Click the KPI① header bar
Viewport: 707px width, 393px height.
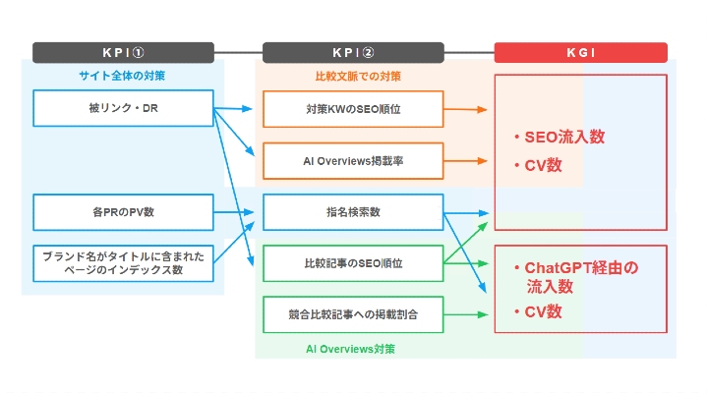pos(123,53)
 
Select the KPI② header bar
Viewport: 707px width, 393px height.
pos(353,53)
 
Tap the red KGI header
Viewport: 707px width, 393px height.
pos(580,53)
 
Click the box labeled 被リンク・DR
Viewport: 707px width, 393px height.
pos(123,108)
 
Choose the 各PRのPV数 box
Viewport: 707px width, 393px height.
pos(123,211)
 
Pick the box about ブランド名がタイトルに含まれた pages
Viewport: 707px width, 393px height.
pos(123,262)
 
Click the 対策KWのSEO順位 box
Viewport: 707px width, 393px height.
pos(353,108)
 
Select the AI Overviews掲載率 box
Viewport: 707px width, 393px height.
pos(353,160)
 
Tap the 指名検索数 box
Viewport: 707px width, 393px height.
pos(353,211)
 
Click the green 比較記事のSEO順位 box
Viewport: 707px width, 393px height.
pos(353,263)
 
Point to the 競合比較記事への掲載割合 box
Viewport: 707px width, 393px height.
pos(353,314)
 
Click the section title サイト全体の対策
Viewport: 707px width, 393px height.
pos(123,75)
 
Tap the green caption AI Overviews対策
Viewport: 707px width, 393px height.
pos(353,348)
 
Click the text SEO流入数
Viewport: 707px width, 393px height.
pos(564,137)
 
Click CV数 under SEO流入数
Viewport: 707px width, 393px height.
pos(543,165)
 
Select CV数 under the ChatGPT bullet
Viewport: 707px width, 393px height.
pos(543,311)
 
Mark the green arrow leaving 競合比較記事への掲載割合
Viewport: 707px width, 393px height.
pos(466,314)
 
